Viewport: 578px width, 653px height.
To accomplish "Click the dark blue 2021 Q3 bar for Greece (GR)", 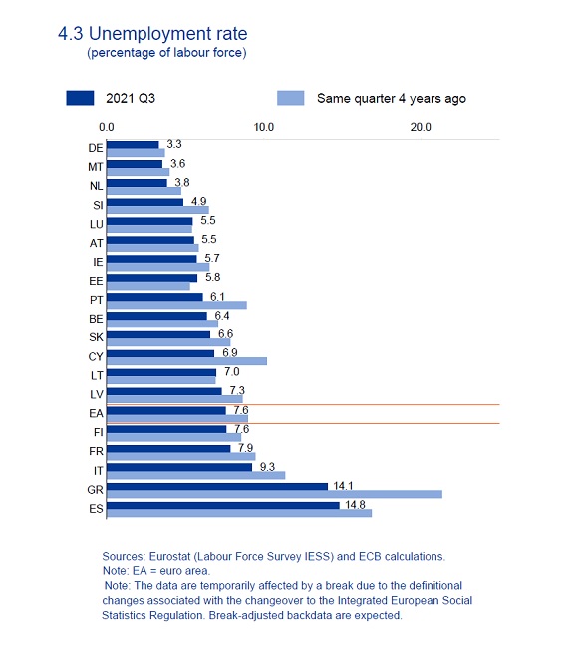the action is point(217,486).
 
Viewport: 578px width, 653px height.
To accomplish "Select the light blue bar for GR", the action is point(274,494).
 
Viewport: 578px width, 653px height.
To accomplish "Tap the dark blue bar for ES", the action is point(223,505).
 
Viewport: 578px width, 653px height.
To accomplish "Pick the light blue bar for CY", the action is point(186,361).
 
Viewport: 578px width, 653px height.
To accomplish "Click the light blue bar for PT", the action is point(176,305).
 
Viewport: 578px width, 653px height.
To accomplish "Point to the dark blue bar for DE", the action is point(133,145).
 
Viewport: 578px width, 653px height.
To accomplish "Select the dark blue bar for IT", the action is point(179,467).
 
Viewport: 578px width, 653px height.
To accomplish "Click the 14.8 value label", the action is point(355,505).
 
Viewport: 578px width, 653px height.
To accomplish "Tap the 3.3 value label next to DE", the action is point(174,144).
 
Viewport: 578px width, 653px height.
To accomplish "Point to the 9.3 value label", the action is point(267,467).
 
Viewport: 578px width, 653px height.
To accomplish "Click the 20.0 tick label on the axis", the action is point(421,127).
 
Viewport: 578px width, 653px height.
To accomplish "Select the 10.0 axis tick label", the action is point(263,127).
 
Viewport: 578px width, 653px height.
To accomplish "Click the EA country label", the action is point(96,413).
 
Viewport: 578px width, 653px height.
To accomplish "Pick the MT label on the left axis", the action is point(96,167).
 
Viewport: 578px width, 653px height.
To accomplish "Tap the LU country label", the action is point(97,225).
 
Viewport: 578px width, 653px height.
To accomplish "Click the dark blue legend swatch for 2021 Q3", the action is point(80,98).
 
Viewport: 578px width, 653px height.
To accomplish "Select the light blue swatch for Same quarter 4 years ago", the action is point(291,98).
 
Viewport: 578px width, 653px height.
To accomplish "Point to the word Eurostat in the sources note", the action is point(168,556).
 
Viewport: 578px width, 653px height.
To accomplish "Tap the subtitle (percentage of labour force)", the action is point(166,53).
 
